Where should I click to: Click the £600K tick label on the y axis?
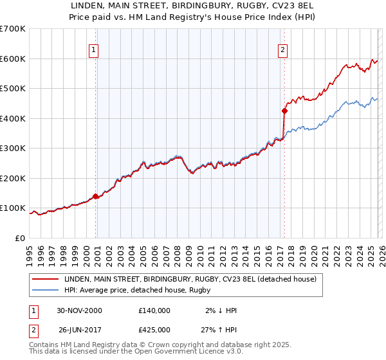pos(13,59)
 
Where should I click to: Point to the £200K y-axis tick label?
pos(13,178)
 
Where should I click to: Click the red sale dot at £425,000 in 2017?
pos(284,111)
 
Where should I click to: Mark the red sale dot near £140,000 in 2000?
pos(96,196)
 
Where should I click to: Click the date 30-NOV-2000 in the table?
pos(80,310)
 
